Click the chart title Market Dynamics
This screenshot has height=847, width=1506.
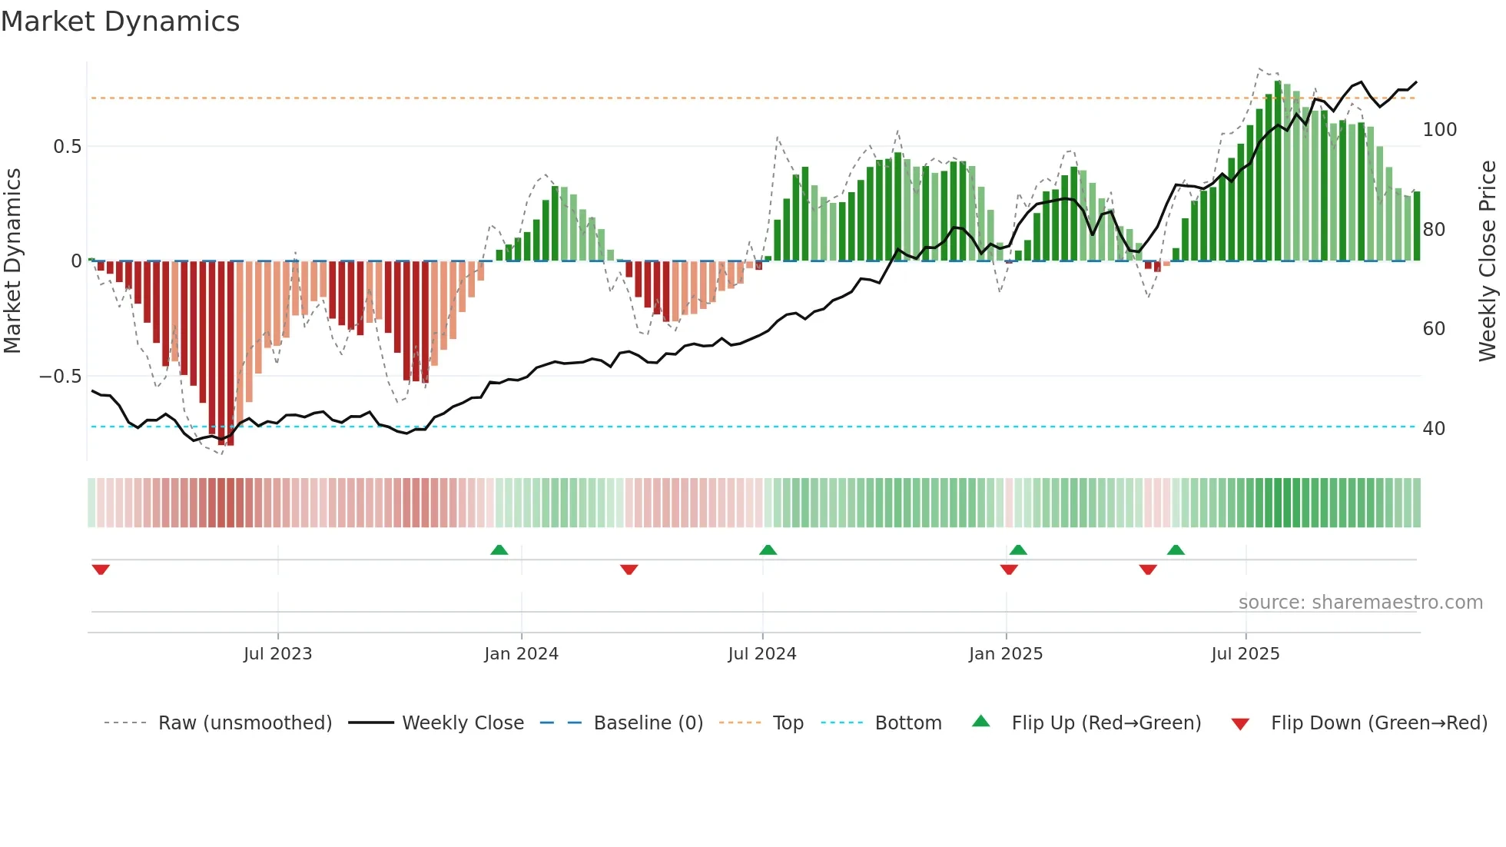pos(120,22)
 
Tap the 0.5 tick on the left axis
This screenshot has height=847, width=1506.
pos(67,147)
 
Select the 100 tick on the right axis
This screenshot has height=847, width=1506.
pos(1439,130)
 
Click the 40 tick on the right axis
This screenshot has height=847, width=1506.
pos(1434,429)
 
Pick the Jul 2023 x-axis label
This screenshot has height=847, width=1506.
pos(277,654)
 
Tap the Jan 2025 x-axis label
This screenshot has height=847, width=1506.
pos(1005,654)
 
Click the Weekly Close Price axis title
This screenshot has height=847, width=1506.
pos(1488,261)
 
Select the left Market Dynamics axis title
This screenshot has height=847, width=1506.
pos(12,261)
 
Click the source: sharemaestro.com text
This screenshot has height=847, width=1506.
pos(1360,603)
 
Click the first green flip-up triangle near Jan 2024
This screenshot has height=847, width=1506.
pos(499,550)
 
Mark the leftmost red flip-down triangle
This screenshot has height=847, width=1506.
pos(101,570)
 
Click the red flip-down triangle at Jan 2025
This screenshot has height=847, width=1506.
pos(1009,570)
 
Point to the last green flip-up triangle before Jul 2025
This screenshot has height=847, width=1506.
pos(1176,550)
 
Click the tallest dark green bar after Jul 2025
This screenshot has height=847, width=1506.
pos(1278,169)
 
